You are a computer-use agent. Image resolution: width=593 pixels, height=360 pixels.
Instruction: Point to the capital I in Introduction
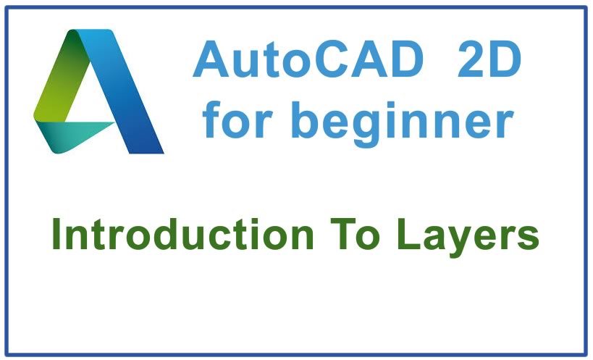tap(56, 236)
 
